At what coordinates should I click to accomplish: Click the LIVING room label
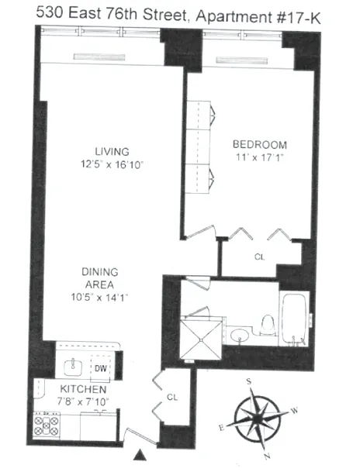tap(112, 151)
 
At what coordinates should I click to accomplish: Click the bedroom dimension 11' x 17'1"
tap(260, 158)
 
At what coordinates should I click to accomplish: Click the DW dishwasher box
tap(100, 367)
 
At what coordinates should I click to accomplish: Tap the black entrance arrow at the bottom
tap(142, 454)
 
